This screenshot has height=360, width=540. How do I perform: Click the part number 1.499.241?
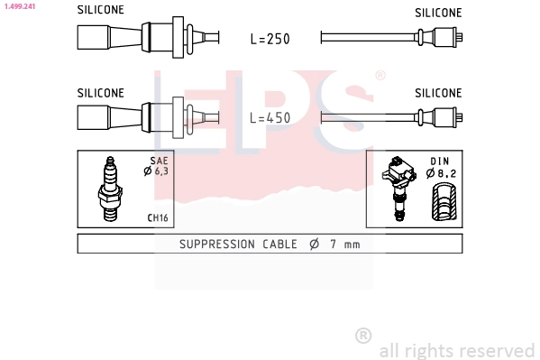click(20, 6)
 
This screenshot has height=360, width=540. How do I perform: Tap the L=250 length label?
click(270, 39)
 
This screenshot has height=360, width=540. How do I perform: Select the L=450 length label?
click(270, 118)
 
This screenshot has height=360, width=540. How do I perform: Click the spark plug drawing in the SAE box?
click(110, 189)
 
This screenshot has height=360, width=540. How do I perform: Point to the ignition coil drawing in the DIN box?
click(398, 189)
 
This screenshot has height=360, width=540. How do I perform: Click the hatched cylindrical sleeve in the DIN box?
click(444, 202)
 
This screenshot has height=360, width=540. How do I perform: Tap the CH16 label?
click(158, 218)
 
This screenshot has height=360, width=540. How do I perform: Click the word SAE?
click(159, 161)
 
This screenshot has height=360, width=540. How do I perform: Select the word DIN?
click(440, 162)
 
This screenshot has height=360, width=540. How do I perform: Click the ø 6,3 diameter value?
click(156, 171)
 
